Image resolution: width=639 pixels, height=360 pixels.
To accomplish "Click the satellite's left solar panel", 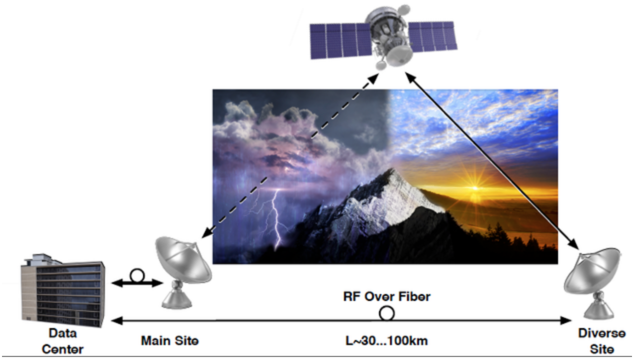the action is tap(341, 40).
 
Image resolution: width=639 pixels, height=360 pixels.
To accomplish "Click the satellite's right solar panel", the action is tap(432, 36).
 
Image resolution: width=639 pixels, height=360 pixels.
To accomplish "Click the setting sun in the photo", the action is tap(475, 188).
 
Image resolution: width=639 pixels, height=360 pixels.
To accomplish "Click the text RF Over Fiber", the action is tap(386, 296).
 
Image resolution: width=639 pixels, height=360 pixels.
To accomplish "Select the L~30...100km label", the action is tap(386, 340).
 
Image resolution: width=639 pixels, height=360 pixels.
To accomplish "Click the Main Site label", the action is tap(169, 340).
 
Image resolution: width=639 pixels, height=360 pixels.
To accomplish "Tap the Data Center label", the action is tap(63, 341).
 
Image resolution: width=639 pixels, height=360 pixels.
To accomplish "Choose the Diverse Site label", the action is tap(602, 341).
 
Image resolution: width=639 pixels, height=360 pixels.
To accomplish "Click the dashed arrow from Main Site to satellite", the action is tap(290, 156).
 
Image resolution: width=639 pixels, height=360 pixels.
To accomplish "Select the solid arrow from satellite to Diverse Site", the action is tap(491, 160).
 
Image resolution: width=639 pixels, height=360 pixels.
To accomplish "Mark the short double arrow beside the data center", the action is tap(137, 283).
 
